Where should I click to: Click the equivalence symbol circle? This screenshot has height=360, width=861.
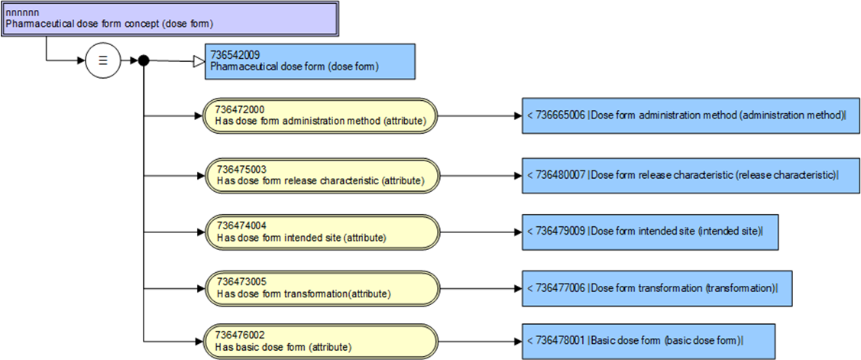102,60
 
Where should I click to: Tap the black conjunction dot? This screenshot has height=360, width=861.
143,60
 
